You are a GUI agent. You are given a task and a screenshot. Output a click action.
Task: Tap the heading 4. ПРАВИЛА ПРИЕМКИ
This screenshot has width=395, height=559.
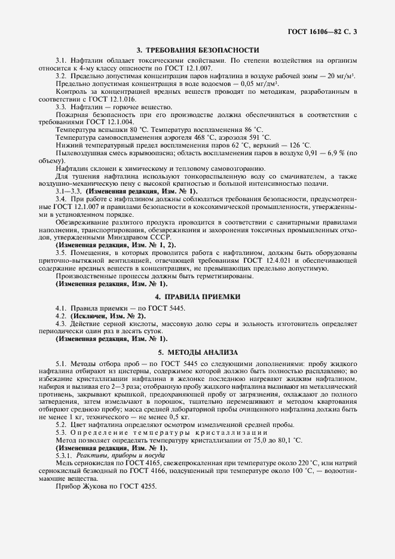197,296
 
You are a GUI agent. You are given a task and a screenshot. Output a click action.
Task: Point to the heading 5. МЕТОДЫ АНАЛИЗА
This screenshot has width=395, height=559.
197,352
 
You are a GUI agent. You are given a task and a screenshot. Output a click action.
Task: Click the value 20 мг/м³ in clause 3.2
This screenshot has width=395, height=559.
338,78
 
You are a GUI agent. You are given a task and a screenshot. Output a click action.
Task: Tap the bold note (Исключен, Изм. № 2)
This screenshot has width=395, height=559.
108,315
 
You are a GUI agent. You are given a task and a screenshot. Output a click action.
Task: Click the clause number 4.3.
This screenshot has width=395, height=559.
60,323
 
